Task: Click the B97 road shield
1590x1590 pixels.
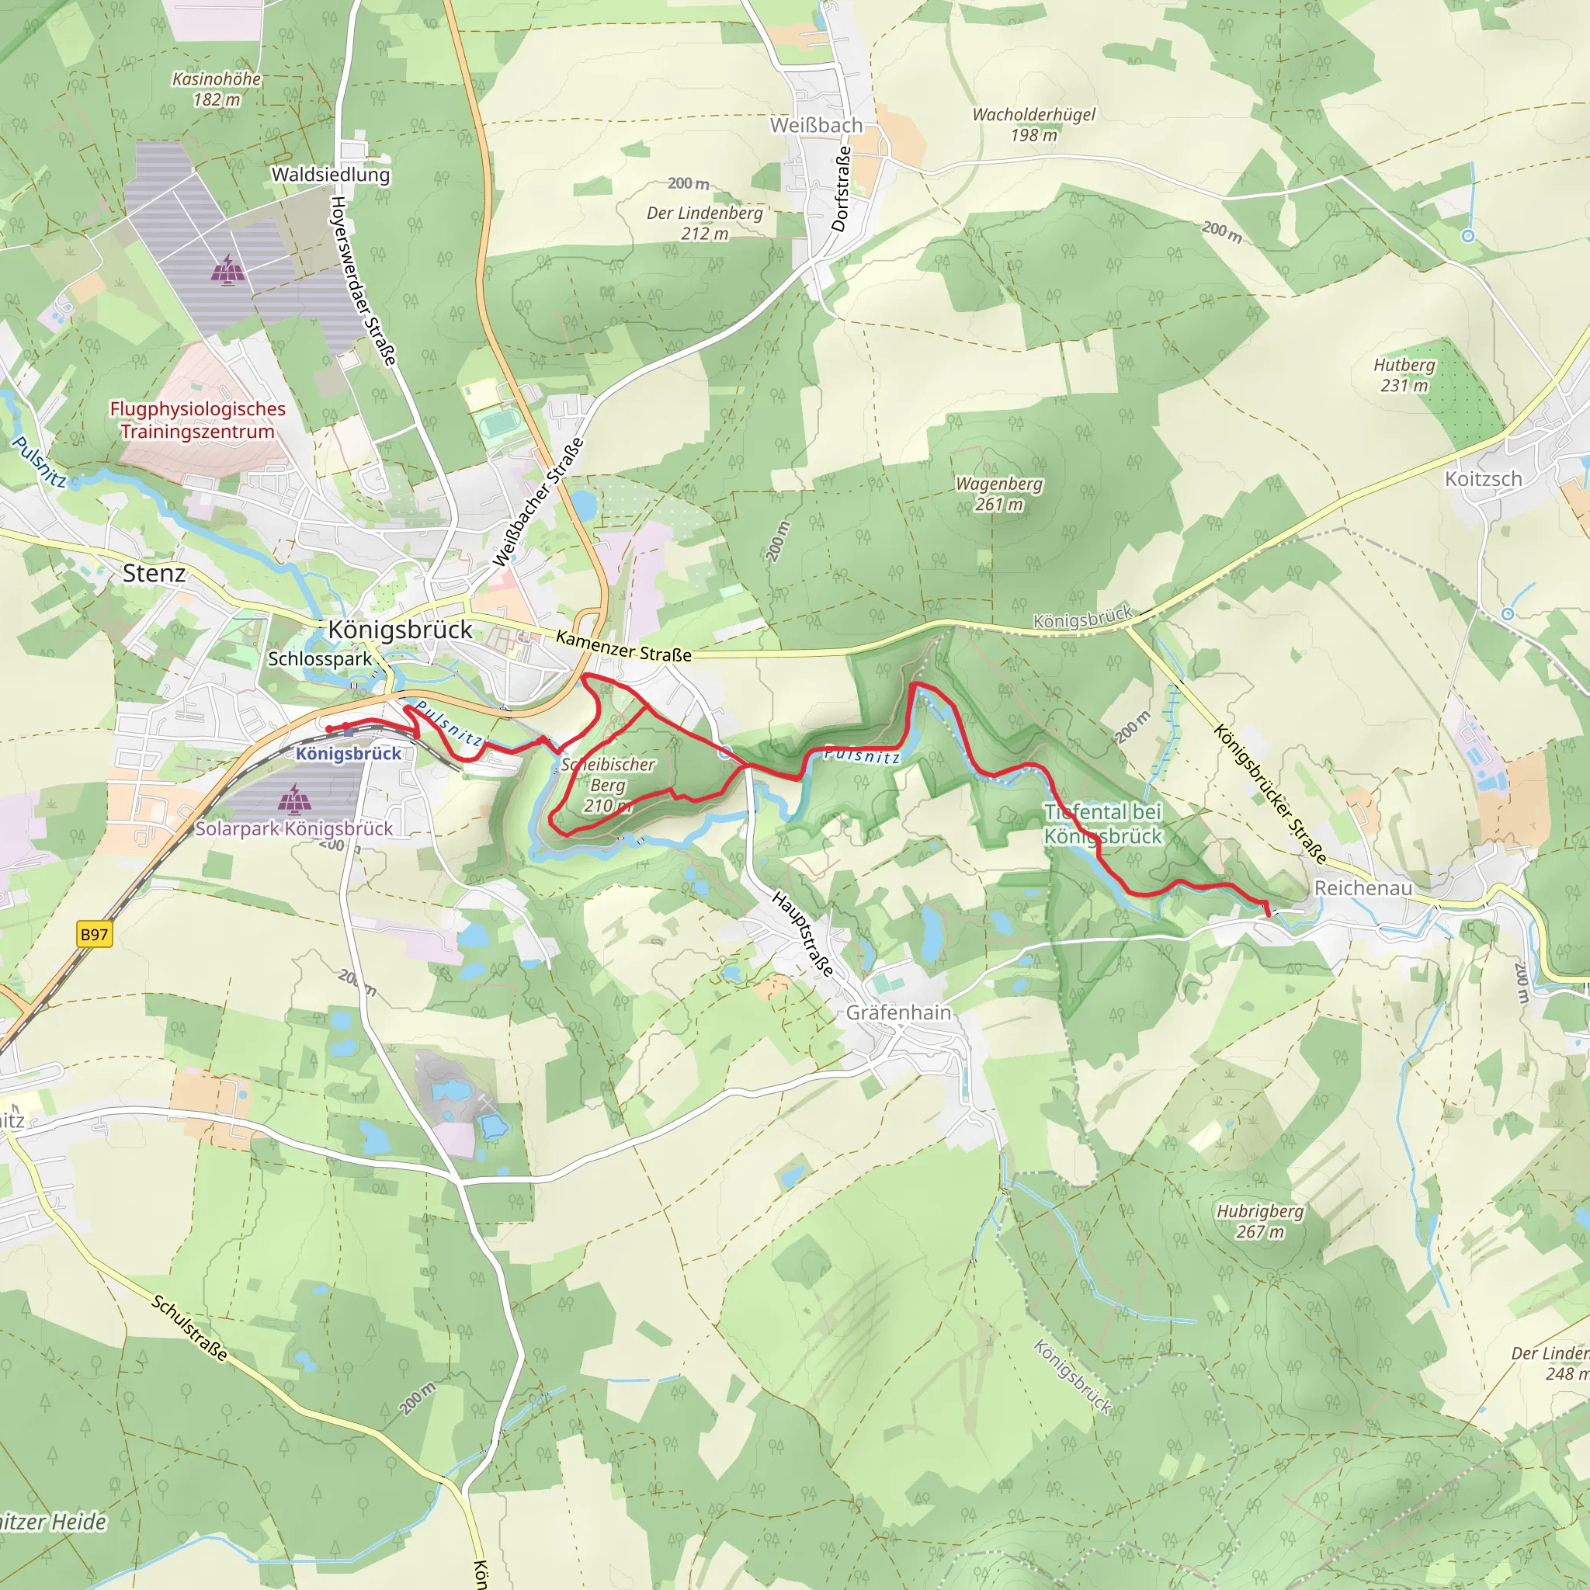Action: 94,934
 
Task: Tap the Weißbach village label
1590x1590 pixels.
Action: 816,125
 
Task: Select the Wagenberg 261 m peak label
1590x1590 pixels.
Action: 998,494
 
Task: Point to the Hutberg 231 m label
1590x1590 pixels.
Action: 1404,374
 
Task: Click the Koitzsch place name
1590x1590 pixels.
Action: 1483,478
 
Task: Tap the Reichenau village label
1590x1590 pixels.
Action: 1363,887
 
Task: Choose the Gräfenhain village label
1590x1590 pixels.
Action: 898,1012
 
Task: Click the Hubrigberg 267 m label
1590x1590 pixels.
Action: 1259,1221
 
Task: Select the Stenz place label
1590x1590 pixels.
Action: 154,573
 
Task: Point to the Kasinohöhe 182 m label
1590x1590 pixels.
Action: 217,89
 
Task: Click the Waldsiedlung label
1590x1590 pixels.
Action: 330,175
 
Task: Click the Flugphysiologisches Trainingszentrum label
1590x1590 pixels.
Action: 197,420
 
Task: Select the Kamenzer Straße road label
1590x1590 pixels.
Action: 623,646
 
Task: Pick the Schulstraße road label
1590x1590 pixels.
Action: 189,1328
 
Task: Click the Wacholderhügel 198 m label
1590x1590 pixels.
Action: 1033,124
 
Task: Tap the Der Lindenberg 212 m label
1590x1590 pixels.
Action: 704,223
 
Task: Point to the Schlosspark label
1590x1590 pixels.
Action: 319,658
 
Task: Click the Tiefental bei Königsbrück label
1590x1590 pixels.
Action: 1102,824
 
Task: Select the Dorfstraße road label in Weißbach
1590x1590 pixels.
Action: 840,189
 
